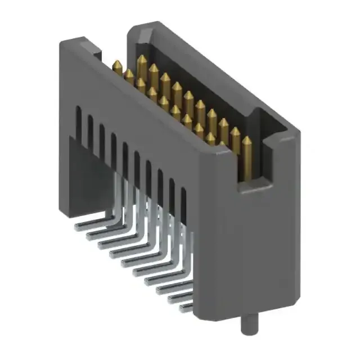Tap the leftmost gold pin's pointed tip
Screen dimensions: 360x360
117,64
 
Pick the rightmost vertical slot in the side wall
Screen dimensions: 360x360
183,199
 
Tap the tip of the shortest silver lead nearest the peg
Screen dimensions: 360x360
183,308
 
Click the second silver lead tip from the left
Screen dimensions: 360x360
88,236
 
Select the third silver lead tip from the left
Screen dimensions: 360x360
100,246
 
